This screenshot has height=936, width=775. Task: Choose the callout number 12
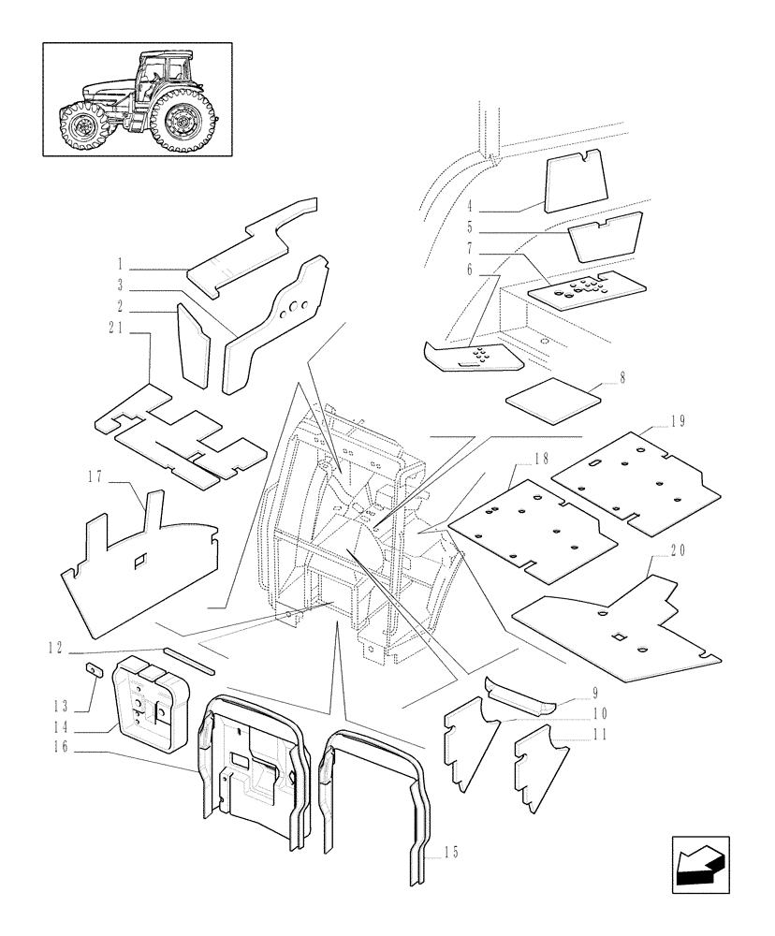click(x=54, y=646)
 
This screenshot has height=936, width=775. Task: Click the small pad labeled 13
click(x=95, y=669)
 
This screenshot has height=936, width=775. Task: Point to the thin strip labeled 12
click(x=187, y=660)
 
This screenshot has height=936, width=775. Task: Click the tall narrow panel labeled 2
click(x=193, y=344)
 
